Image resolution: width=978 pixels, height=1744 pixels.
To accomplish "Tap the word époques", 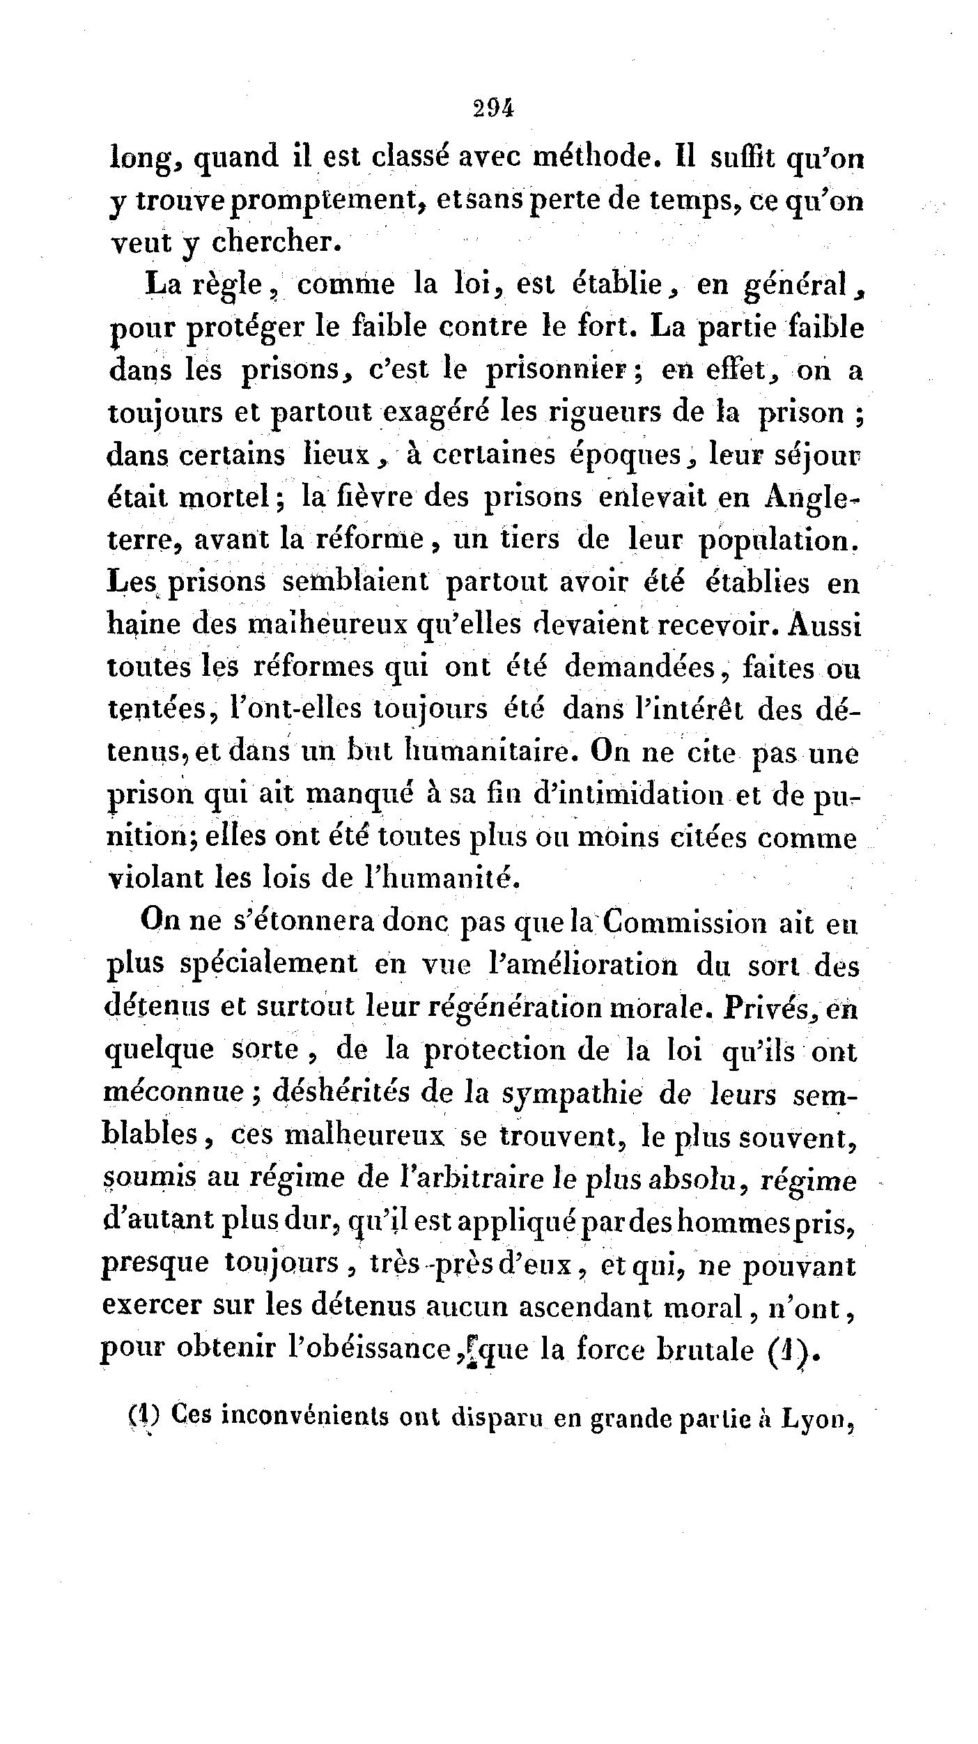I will (630, 456).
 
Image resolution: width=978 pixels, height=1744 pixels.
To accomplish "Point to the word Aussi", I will (826, 625).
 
